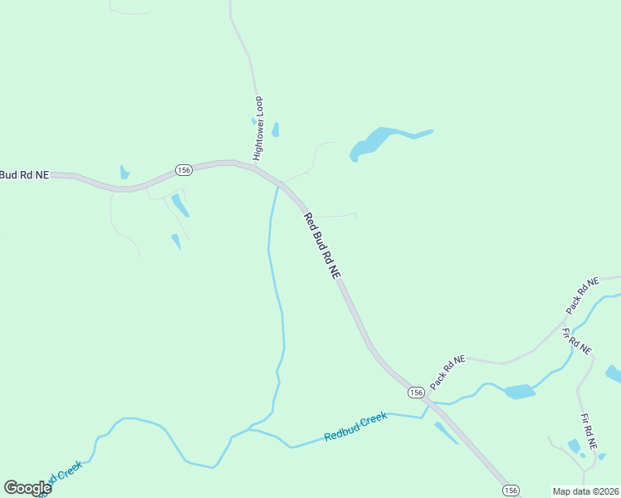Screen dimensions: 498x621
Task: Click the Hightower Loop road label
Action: tap(258, 129)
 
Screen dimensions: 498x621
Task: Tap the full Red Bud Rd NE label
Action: tap(322, 246)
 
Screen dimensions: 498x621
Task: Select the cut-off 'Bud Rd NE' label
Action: tap(25, 174)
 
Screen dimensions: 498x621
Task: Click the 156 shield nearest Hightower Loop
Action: tap(184, 169)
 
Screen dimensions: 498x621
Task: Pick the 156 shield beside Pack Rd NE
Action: tap(416, 391)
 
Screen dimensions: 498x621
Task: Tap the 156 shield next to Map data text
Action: tap(511, 490)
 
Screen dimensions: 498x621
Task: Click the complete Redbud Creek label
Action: tap(355, 427)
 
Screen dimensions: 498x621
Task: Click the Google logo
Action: tap(27, 488)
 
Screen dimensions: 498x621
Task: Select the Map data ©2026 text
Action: tap(585, 491)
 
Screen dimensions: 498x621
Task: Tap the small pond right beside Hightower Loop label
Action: tap(275, 129)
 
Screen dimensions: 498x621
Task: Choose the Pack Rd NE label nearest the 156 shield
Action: tap(448, 369)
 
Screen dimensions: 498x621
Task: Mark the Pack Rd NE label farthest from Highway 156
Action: tap(582, 296)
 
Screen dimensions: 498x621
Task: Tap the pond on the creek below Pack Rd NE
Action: tap(520, 391)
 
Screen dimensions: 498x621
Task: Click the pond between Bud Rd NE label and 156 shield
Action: tap(125, 173)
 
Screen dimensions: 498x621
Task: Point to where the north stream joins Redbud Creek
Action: tap(249, 430)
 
